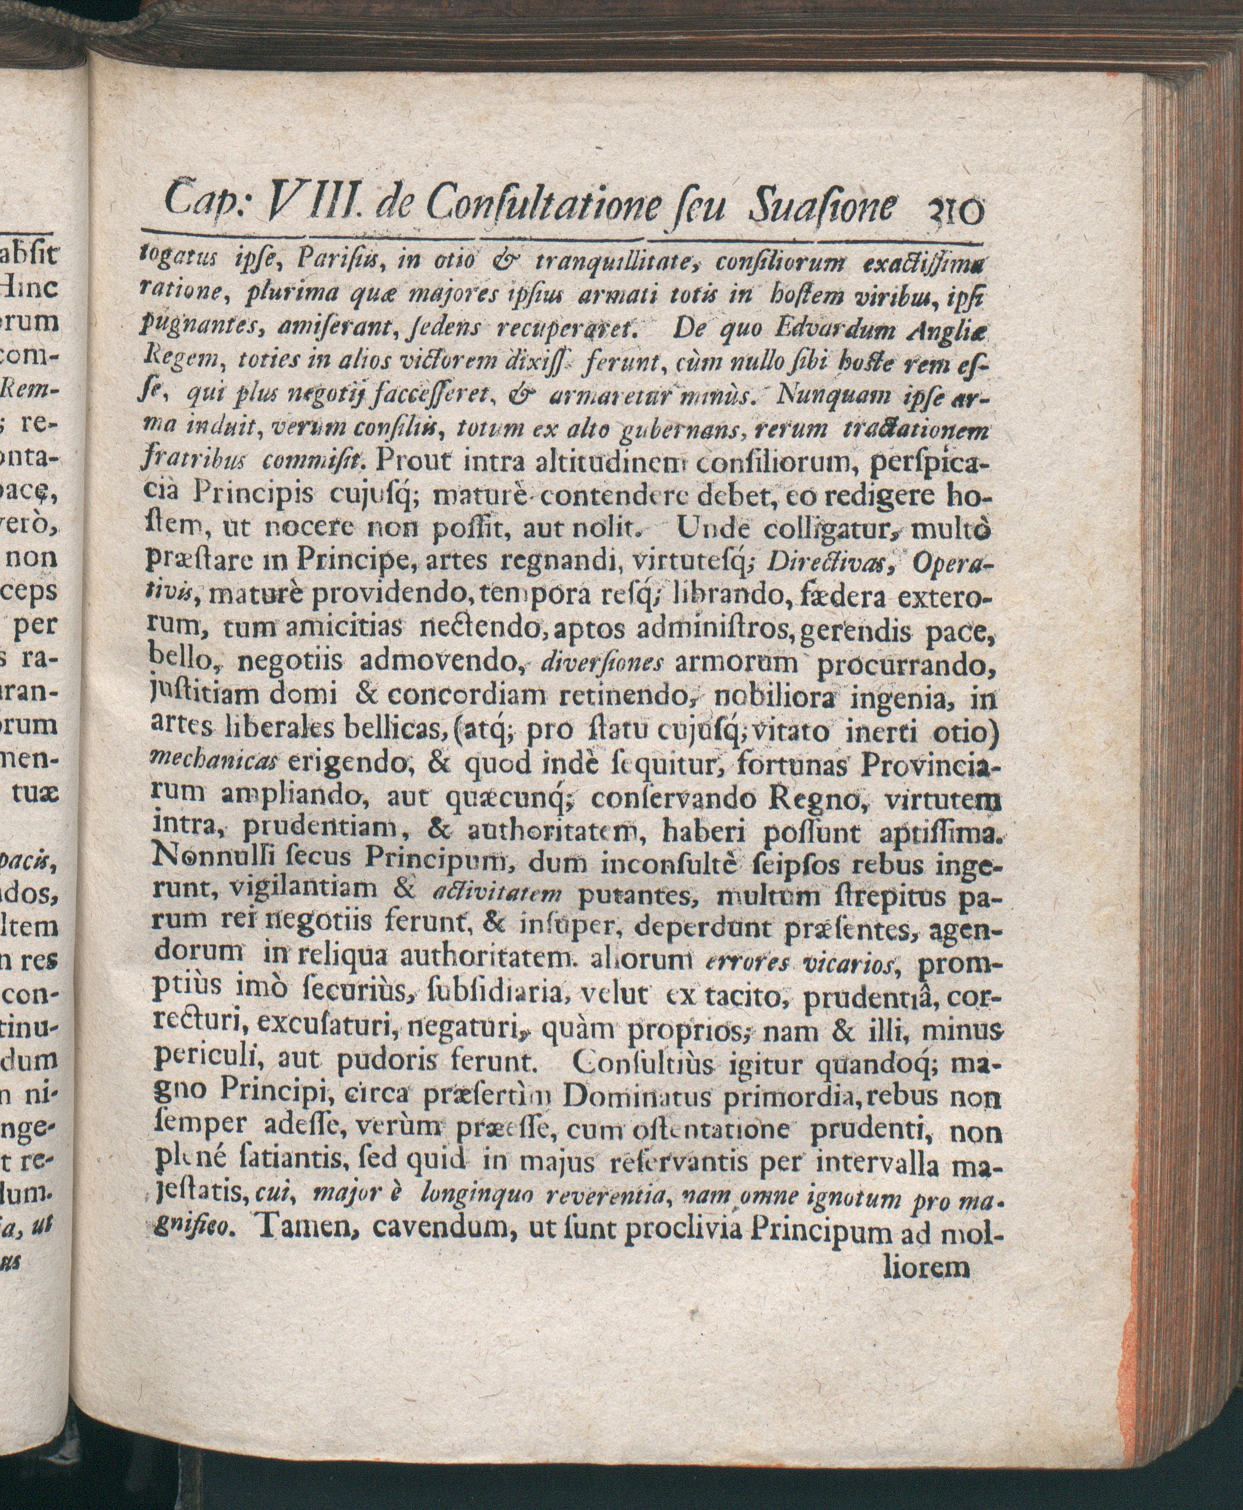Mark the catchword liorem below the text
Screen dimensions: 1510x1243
[927, 1269]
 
